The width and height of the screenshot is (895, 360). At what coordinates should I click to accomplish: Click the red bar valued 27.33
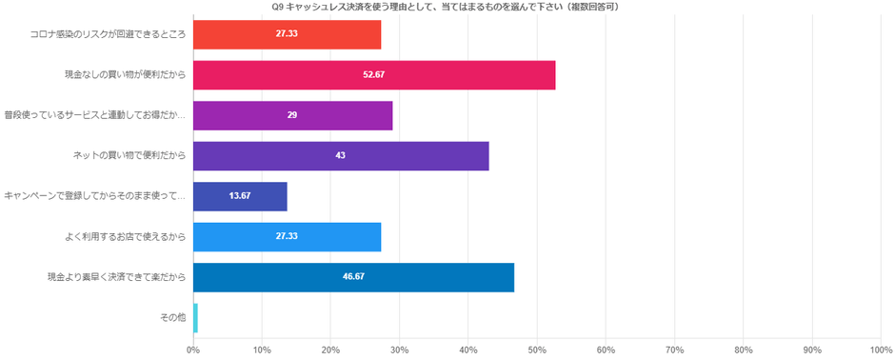tap(287, 34)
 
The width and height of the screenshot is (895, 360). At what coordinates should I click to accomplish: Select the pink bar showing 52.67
tap(374, 74)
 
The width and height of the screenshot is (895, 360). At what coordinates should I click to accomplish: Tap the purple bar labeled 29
tap(292, 115)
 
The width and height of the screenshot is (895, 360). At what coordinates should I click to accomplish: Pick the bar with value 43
tap(341, 155)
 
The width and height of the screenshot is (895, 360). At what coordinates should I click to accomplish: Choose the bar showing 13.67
tap(240, 196)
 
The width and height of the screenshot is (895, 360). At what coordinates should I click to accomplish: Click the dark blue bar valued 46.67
tap(353, 277)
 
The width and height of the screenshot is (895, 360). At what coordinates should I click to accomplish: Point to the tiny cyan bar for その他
tap(195, 317)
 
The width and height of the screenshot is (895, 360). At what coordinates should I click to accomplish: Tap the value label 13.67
tap(240, 196)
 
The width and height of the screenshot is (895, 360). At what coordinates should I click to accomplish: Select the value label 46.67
tap(353, 277)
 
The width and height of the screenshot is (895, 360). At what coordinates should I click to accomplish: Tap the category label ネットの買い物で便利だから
tap(129, 155)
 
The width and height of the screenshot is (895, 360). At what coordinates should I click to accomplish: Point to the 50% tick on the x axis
tap(537, 350)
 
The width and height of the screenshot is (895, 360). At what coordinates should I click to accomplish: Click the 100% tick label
tap(880, 350)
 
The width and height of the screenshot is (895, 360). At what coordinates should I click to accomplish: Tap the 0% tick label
tap(193, 350)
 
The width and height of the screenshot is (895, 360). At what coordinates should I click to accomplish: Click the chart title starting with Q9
tap(447, 7)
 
